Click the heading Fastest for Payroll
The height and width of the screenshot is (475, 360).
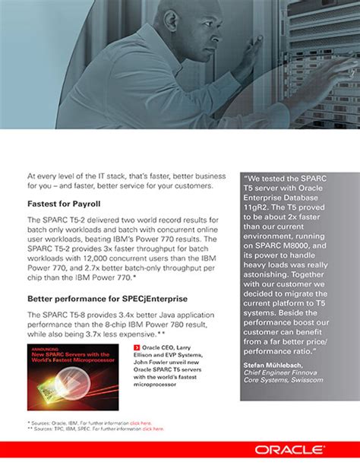click(64, 204)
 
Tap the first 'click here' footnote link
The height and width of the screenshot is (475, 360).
click(141, 422)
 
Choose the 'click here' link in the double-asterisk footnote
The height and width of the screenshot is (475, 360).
click(153, 429)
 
